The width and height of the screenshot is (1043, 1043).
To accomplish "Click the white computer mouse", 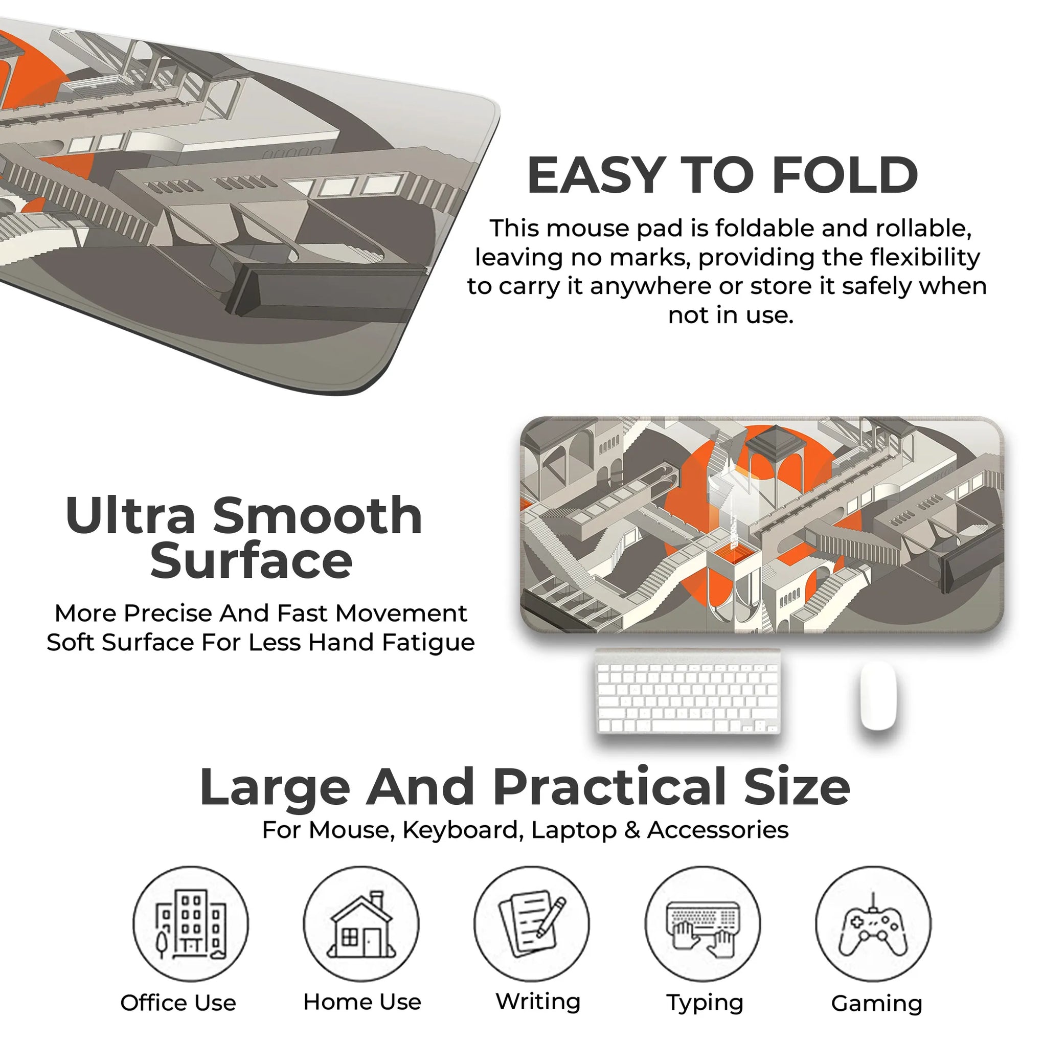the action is click(878, 695).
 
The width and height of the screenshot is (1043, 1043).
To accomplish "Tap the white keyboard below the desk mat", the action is click(688, 692).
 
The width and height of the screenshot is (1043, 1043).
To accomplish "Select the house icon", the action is click(361, 924).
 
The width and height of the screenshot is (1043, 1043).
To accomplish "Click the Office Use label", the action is click(178, 1003).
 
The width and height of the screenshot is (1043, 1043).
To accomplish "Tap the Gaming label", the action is click(877, 1004).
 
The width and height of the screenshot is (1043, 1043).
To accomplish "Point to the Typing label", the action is click(705, 1004).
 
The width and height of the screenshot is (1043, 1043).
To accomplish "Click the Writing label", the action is click(538, 1003).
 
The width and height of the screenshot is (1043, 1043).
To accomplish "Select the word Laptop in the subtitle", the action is click(574, 830).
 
